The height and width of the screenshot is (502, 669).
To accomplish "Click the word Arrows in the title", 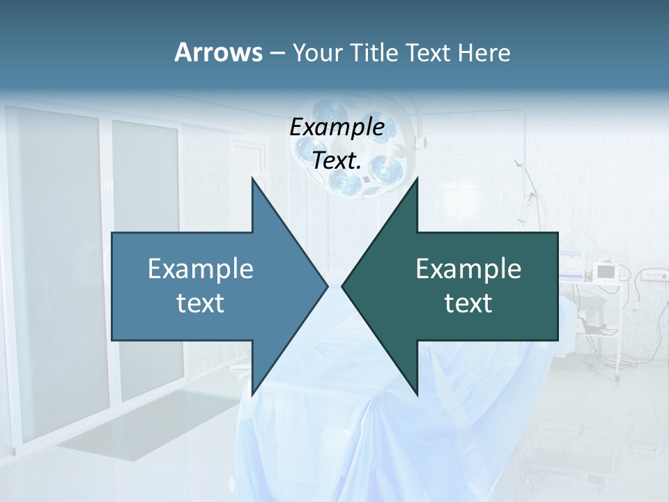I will [217, 52].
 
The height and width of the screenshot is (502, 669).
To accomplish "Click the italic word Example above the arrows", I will [337, 128].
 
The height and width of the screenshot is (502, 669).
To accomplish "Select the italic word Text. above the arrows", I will [337, 160].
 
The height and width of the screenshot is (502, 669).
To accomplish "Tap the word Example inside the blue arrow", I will [201, 269].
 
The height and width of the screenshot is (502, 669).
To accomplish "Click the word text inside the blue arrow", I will [201, 303].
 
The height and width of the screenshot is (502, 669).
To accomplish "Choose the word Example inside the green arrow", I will [468, 269].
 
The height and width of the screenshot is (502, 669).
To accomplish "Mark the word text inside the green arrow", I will [468, 303].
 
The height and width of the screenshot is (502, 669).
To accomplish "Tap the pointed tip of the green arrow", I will [343, 286].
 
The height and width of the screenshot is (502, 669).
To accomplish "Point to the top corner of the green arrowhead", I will [417, 179].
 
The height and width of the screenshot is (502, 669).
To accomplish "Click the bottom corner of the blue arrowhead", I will [252, 394].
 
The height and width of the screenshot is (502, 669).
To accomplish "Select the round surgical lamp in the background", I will [348, 150].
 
